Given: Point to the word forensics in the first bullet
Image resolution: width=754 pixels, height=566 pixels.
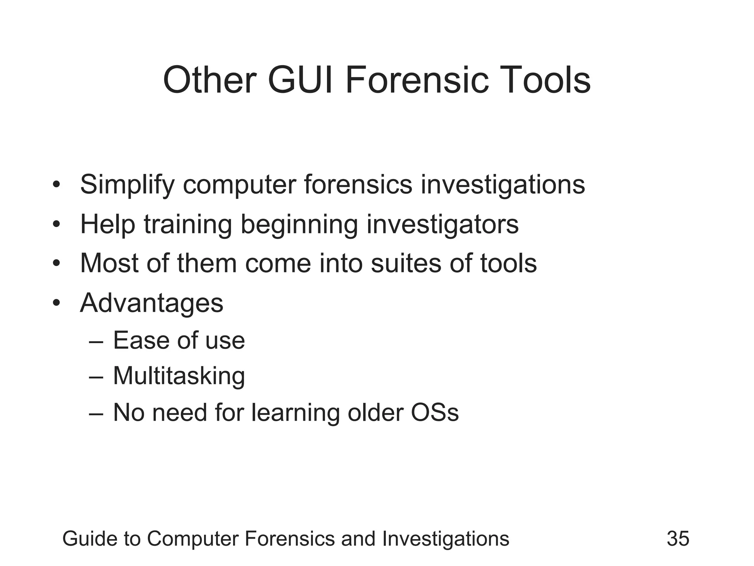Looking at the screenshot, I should pos(358,184).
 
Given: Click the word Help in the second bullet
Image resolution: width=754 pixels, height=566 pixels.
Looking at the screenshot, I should pos(108,224).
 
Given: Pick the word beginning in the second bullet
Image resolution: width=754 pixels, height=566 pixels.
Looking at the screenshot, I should pos(299,224).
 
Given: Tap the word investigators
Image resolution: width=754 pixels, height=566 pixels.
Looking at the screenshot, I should pos(443,224).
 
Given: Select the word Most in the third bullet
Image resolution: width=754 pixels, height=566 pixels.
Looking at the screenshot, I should pos(109,263).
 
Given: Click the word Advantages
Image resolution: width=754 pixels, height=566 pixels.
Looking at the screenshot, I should pos(152,303).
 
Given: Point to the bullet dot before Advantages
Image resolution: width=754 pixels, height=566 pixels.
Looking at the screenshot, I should pos(56,303).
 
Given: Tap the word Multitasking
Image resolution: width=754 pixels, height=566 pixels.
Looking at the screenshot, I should pos(179,376).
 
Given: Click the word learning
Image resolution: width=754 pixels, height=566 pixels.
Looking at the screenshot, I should pos(295,412).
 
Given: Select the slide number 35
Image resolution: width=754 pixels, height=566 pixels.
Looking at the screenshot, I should pos(678,538).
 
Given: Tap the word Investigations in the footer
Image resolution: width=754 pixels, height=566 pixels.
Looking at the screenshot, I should pos(445,538).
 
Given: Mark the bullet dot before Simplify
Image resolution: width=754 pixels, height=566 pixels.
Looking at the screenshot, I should pos(56,184).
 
